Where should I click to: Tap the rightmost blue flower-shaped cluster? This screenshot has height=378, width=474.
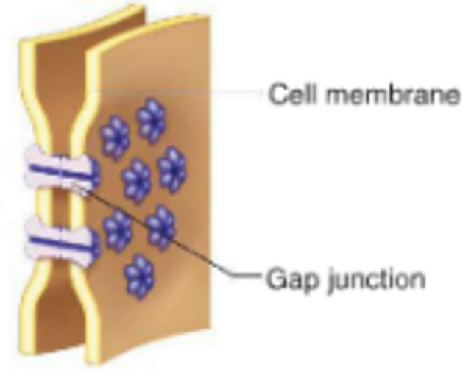pyautogui.click(x=172, y=168)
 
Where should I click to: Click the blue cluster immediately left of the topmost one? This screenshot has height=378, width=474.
pyautogui.click(x=115, y=137)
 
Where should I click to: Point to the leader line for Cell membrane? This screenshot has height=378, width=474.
pyautogui.click(x=184, y=93)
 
